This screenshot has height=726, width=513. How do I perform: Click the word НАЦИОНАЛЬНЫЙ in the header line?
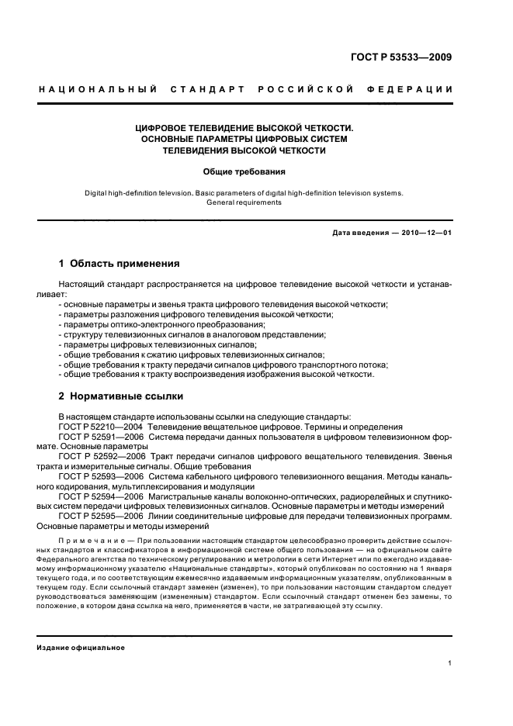click(98, 90)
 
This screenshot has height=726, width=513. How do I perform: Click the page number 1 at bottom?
click(450, 663)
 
